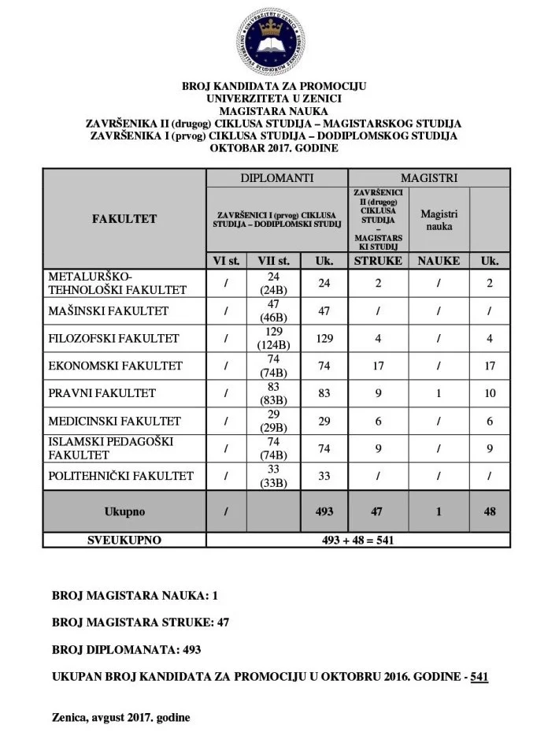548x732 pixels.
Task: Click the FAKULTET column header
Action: coord(124,219)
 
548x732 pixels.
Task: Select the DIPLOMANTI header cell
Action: coord(276,178)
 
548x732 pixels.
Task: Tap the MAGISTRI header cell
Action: coord(428,178)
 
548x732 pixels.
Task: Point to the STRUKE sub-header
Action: coord(378,261)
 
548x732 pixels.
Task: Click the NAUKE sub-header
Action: coord(439,261)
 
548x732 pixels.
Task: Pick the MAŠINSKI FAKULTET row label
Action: coord(109,311)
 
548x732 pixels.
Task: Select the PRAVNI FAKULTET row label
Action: coord(102,393)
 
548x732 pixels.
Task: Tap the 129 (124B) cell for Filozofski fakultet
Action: coord(273,339)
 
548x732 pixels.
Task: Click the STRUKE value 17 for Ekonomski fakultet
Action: coord(378,366)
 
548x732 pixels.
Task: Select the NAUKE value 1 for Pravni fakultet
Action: coord(439,393)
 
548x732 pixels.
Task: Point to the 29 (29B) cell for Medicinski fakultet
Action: coord(273,421)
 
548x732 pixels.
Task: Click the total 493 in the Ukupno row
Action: coord(324,511)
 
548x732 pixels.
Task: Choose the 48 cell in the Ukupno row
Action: coord(489,511)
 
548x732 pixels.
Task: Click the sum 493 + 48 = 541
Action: coord(357,541)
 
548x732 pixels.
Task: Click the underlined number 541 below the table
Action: coord(479,677)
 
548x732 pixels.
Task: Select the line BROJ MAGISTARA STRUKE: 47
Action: coord(141,622)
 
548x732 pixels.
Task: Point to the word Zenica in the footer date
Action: coord(69,718)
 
